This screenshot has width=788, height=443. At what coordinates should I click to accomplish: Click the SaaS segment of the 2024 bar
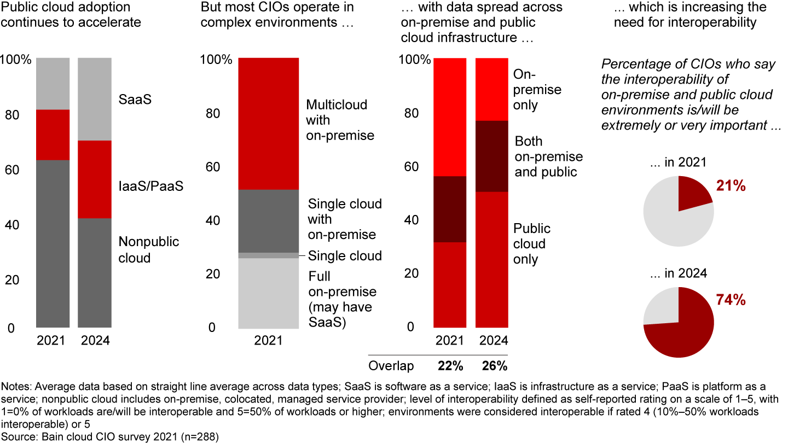(95, 98)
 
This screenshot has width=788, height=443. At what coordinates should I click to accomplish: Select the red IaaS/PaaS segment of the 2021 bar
(53, 135)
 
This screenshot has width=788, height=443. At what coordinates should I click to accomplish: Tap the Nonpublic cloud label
(148, 249)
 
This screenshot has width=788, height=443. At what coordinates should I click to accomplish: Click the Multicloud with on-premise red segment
(268, 123)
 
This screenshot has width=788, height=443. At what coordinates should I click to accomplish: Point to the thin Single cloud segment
(268, 255)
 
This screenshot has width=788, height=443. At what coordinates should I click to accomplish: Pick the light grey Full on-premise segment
(268, 293)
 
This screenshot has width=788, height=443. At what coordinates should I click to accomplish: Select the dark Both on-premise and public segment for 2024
(491, 156)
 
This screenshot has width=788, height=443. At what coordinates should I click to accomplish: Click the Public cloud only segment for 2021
(450, 284)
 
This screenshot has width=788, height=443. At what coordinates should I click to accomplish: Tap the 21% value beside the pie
(731, 186)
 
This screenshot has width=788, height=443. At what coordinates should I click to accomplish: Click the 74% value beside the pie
(731, 300)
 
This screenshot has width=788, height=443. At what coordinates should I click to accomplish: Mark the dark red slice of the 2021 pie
(692, 194)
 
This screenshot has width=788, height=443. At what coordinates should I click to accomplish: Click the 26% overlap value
(494, 365)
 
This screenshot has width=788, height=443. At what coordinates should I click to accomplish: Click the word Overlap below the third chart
(391, 365)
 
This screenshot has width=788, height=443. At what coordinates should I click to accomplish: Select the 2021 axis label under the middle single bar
(268, 340)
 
